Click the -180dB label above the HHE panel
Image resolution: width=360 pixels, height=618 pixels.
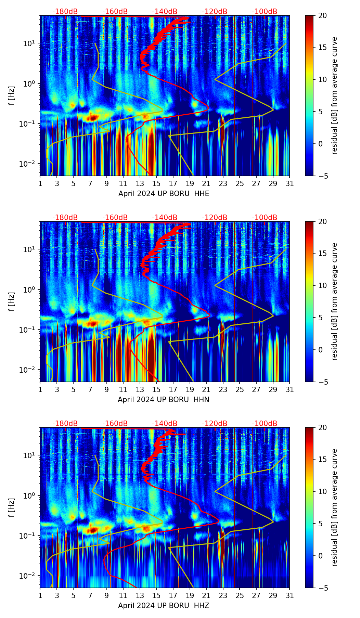[x=65, y=12]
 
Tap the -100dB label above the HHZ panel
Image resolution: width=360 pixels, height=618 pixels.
[x=265, y=424]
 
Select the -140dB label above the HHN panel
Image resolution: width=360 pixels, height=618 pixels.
[x=165, y=218]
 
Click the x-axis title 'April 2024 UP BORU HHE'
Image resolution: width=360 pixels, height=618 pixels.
[x=164, y=194]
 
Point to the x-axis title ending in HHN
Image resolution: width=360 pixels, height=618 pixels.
[x=164, y=400]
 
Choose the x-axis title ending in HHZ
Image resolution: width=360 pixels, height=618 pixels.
[x=164, y=606]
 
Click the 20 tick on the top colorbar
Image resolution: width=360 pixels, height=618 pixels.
[x=322, y=16]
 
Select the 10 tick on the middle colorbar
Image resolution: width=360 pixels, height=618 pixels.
[x=322, y=285]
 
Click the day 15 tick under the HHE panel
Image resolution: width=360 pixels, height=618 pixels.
[x=156, y=184]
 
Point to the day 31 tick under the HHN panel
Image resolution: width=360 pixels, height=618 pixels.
[x=290, y=390]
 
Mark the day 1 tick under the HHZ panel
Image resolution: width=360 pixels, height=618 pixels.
[x=40, y=596]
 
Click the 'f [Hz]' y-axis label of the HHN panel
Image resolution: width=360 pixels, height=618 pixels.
[x=12, y=301]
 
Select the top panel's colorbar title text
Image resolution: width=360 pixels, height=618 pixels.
[x=335, y=95]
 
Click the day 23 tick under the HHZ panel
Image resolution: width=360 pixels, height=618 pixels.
[x=223, y=596]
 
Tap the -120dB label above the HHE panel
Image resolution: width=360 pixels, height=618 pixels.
[x=215, y=12]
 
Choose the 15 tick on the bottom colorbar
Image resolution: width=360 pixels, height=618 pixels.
[x=322, y=459]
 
